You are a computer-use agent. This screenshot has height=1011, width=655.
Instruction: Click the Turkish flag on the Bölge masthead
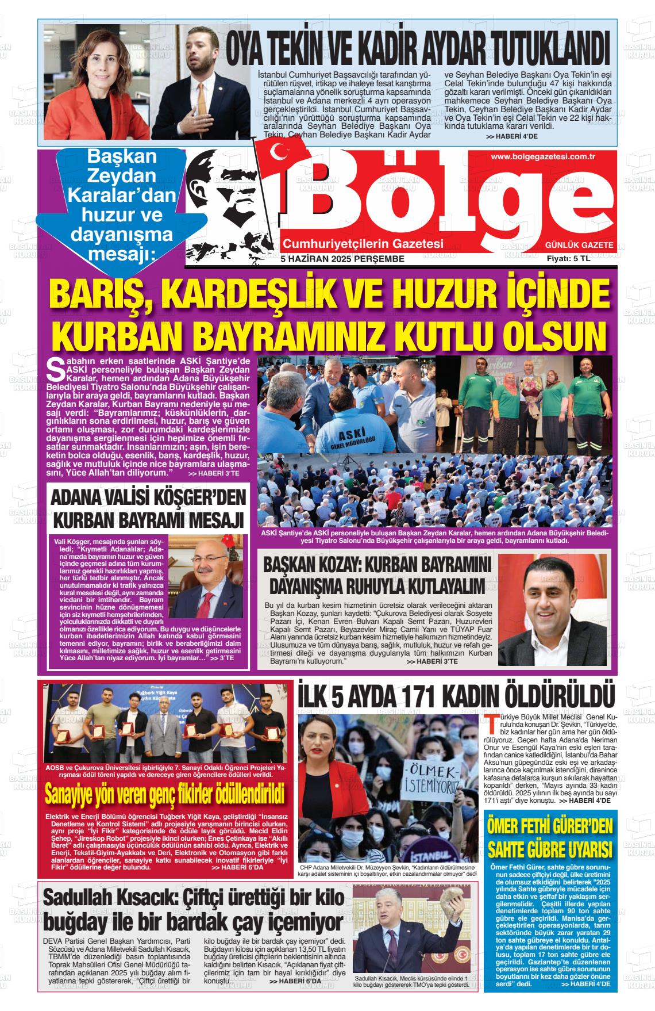(278, 154)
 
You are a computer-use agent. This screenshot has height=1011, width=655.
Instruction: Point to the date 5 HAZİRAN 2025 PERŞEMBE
(342, 259)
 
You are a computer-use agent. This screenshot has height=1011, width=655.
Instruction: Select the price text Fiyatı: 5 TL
(568, 259)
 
